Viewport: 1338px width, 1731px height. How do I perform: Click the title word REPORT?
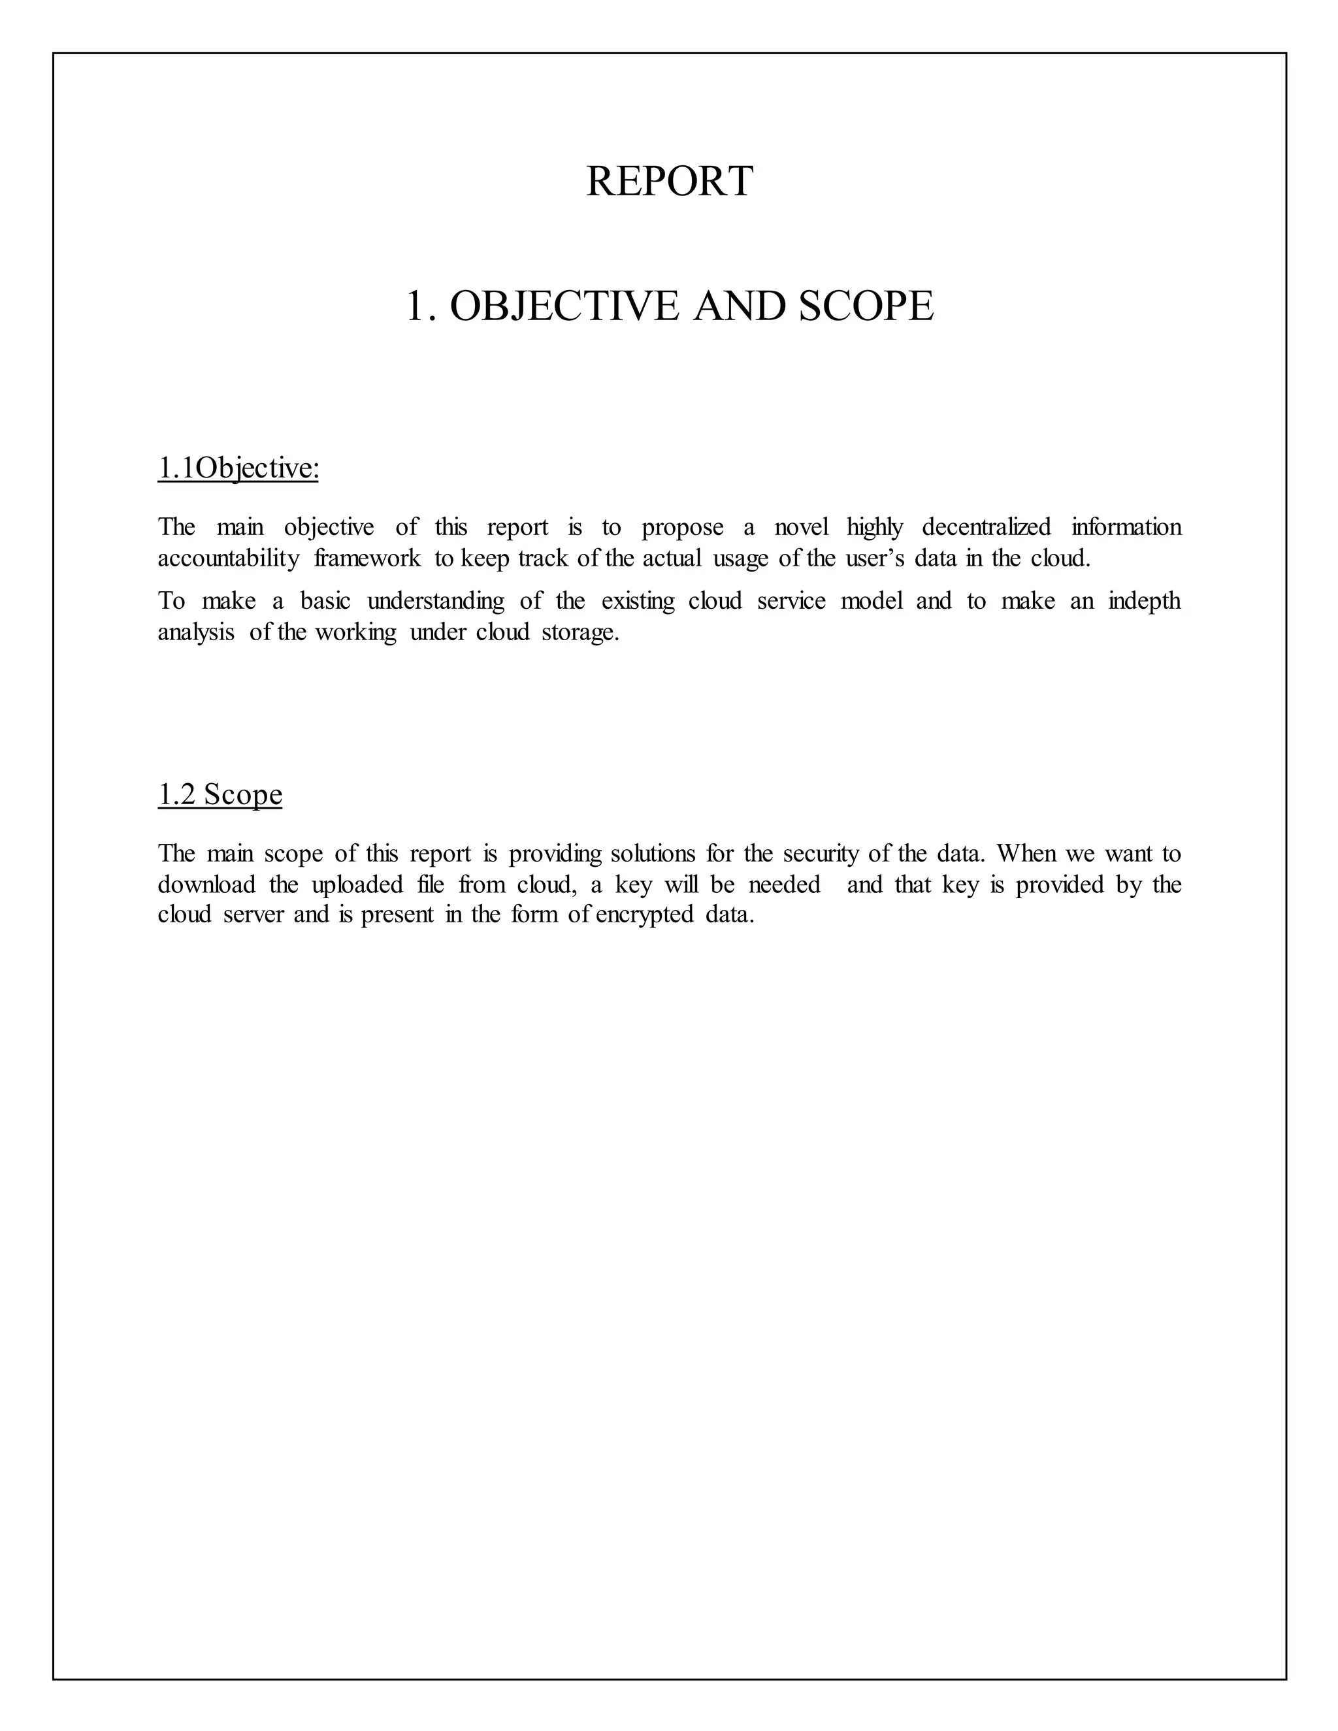click(669, 182)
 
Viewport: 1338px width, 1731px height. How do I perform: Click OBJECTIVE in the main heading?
click(564, 306)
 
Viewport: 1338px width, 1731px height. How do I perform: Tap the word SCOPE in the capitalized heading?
click(866, 306)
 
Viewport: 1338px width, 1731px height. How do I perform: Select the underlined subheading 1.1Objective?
click(238, 468)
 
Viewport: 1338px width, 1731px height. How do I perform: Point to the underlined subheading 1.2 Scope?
click(220, 794)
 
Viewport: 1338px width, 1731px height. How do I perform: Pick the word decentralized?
click(986, 527)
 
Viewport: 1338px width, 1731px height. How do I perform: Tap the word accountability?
click(228, 558)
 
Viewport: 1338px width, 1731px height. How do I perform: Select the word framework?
click(367, 558)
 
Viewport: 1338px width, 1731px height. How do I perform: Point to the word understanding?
click(435, 601)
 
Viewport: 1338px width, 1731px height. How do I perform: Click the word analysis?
click(196, 632)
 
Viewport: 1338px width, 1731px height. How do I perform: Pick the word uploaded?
click(357, 884)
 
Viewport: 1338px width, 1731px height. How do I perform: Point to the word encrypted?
click(644, 915)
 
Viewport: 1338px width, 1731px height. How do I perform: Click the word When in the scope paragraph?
click(1026, 854)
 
